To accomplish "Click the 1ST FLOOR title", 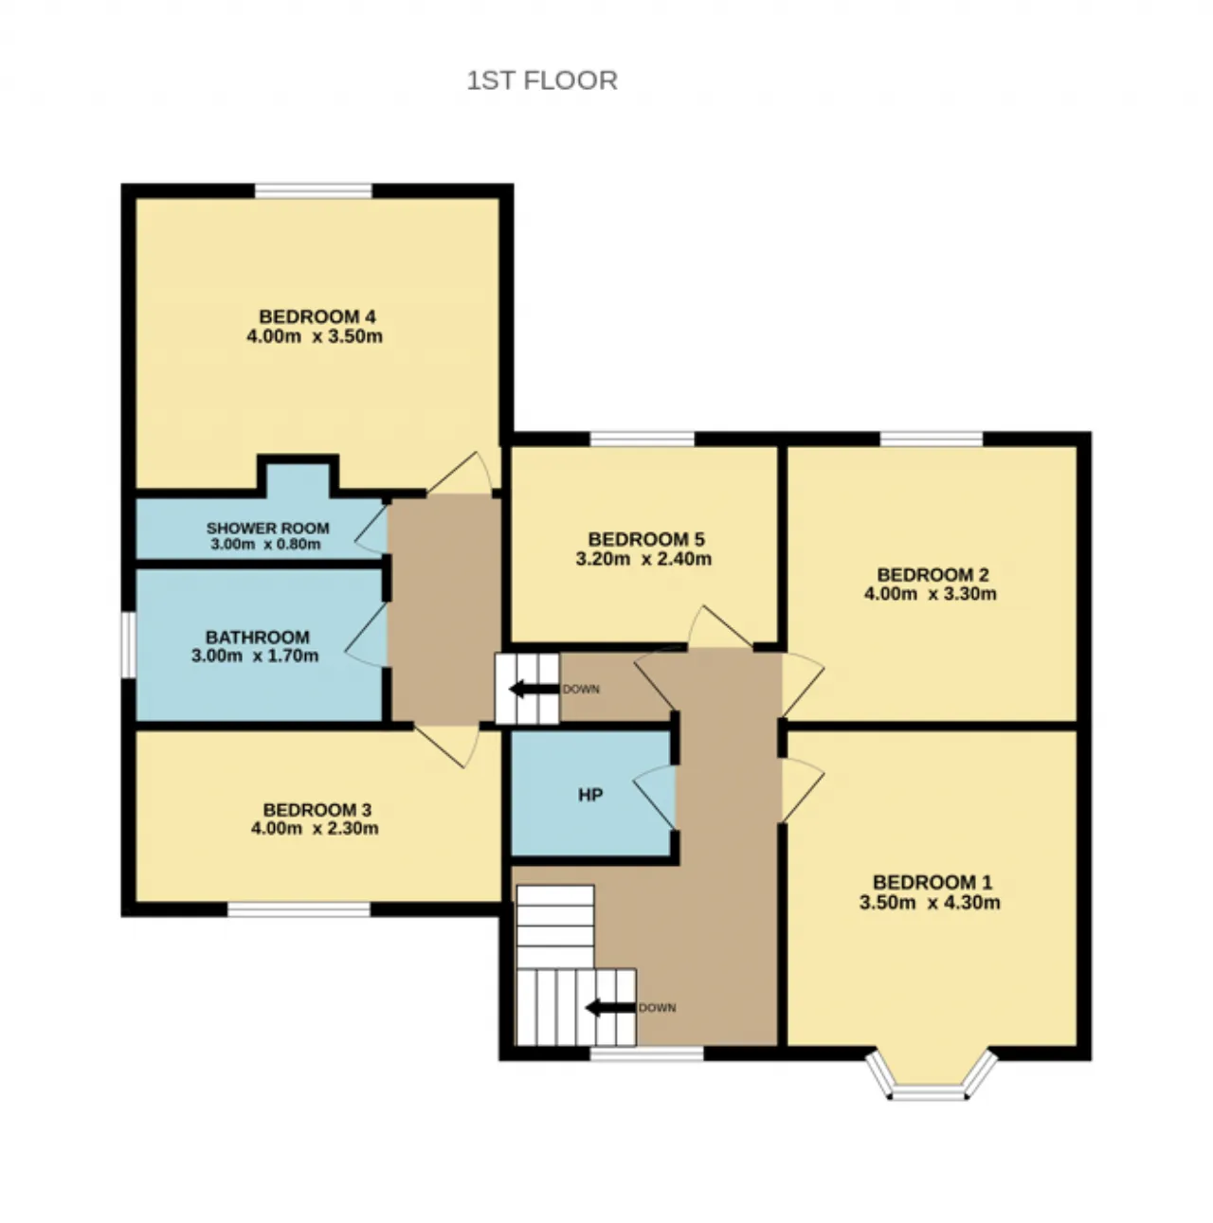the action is [x=542, y=81].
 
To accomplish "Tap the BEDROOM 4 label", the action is [x=317, y=316].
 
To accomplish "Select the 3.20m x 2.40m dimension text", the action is [x=643, y=559].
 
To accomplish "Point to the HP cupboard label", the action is [x=590, y=795].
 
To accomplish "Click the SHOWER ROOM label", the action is [x=267, y=528].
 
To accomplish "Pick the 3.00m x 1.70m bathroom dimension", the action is [x=255, y=656].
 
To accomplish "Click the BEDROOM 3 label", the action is [x=317, y=810].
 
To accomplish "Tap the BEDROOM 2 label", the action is [x=932, y=575].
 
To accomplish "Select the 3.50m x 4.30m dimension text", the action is [x=929, y=903].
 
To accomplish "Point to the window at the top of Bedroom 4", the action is [x=313, y=190].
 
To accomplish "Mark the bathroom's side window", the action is [x=128, y=644].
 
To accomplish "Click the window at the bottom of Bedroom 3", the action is [x=299, y=908].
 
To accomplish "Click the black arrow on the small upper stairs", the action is [x=534, y=689].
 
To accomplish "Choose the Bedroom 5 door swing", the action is [x=720, y=627].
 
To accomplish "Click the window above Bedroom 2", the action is [x=931, y=439].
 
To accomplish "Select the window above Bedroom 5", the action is [x=643, y=439].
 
